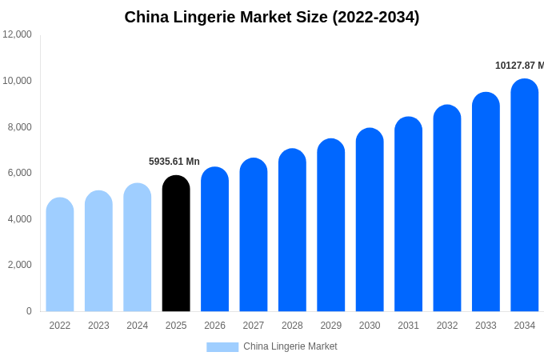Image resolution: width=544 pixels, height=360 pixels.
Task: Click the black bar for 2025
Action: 176,243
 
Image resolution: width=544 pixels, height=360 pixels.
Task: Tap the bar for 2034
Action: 525,195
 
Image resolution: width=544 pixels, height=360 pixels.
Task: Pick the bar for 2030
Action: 370,220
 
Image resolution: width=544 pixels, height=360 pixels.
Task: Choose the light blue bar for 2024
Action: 138,247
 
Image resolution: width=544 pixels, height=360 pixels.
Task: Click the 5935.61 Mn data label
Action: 174,162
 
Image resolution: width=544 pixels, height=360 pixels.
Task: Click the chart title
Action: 272,17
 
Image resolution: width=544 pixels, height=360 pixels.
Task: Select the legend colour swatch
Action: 222,347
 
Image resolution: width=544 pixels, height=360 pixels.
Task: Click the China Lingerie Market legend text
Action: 290,347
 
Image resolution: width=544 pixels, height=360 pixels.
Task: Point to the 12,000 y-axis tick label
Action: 18,34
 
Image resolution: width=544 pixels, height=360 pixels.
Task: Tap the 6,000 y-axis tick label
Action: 19,173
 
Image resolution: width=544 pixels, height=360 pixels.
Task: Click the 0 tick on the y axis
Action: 29,311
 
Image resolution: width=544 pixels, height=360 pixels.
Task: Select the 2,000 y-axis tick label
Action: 19,265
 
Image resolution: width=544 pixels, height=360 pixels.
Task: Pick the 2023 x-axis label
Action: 98,326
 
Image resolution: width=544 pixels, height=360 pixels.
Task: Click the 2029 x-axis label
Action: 331,326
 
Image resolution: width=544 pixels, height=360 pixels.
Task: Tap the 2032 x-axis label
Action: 447,326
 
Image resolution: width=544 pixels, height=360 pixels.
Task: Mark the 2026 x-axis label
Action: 214,326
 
